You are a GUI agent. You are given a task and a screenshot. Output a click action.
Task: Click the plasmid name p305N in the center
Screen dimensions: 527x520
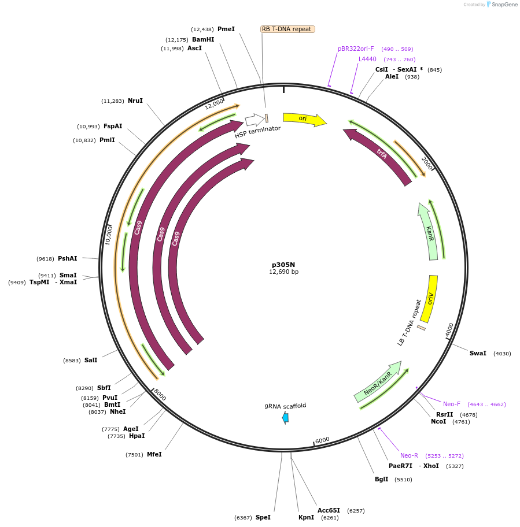pyautogui.click(x=283, y=263)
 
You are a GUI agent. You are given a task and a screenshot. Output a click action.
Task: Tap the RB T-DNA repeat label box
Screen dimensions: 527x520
pyautogui.click(x=287, y=29)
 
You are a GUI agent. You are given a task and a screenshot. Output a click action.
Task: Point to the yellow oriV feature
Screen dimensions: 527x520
pyautogui.click(x=430, y=298)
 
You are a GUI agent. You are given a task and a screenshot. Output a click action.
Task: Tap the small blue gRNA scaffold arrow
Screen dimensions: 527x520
pyautogui.click(x=285, y=418)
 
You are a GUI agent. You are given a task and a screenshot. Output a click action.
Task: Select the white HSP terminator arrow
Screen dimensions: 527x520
pyautogui.click(x=254, y=120)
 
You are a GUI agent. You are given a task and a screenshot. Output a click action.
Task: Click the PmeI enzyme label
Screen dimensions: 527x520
pyautogui.click(x=226, y=29)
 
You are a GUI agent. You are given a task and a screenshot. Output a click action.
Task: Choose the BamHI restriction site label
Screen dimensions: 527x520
pyautogui.click(x=203, y=39)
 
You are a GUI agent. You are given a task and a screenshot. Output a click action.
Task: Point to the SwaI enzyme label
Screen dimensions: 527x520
pyautogui.click(x=478, y=353)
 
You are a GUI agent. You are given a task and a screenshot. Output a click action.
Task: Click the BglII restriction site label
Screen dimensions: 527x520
pyautogui.click(x=382, y=480)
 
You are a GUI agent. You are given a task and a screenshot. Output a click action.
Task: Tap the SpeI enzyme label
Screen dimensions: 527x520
pyautogui.click(x=263, y=517)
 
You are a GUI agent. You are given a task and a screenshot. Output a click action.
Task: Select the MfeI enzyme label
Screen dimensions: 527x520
pyautogui.click(x=154, y=454)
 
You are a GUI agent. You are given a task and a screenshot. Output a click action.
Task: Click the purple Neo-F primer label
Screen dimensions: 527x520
pyautogui.click(x=452, y=404)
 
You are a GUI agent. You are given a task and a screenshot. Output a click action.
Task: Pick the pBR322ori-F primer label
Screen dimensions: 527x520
pyautogui.click(x=356, y=49)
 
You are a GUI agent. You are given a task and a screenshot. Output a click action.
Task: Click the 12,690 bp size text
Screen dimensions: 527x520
pyautogui.click(x=283, y=272)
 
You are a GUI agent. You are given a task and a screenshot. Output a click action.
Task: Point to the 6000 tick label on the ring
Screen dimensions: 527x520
pyautogui.click(x=322, y=440)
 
